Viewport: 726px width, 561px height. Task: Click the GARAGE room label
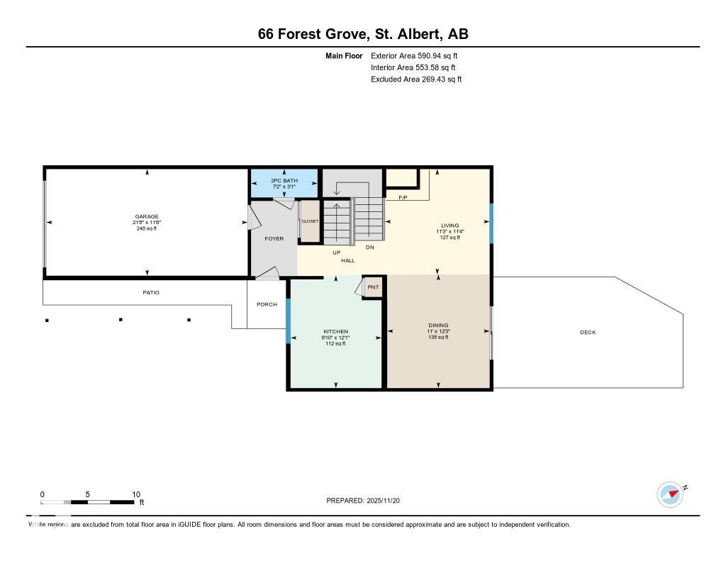[x=147, y=216]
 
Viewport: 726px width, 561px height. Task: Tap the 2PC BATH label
[x=284, y=181]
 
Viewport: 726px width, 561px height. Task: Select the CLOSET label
[x=310, y=221]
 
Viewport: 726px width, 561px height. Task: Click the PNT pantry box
[x=373, y=287]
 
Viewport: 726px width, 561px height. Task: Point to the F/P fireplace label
[x=403, y=197]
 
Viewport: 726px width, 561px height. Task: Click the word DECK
[x=588, y=332]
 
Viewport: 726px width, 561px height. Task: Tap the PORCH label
[x=267, y=304]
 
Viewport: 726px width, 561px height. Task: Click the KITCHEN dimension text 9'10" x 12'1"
[x=335, y=338]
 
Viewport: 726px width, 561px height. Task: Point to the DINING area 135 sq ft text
[x=438, y=338]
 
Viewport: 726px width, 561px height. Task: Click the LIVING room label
[x=449, y=226]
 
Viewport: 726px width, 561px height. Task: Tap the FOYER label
[x=274, y=238]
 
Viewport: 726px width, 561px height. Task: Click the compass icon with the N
[x=670, y=494]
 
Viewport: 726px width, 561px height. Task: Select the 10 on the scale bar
[x=135, y=494]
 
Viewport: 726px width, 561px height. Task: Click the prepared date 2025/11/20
[x=388, y=501]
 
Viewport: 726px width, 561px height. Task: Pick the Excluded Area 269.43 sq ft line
[x=415, y=79]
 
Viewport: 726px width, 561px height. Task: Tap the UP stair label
[x=337, y=252]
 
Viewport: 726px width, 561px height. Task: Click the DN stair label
[x=369, y=248]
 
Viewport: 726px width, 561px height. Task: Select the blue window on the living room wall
[x=491, y=223]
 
